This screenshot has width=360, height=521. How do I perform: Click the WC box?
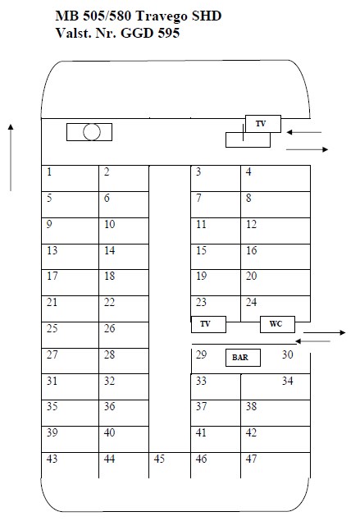tap(277, 324)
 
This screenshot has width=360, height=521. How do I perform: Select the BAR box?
tap(243, 358)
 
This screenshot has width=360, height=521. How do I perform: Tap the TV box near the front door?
tap(263, 124)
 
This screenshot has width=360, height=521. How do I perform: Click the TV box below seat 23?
tap(208, 324)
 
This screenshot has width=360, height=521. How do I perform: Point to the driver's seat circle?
tap(91, 132)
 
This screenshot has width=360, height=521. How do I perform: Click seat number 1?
tap(49, 172)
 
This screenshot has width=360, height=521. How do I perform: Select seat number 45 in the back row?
tap(159, 459)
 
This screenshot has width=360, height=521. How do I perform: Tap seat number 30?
tap(288, 354)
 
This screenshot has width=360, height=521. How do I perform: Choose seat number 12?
tap(252, 224)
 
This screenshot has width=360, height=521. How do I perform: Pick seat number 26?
tap(109, 328)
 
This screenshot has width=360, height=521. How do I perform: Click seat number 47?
tap(252, 459)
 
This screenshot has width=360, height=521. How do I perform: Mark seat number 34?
tap(288, 381)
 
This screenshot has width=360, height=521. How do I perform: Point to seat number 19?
tap(201, 276)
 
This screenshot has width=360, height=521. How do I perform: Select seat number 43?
tap(52, 459)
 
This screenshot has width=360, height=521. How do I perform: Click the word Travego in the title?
tap(162, 16)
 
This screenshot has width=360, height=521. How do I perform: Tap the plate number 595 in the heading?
tap(169, 33)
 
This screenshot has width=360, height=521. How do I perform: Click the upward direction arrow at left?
tap(11, 158)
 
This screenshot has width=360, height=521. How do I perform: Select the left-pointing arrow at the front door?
tap(304, 132)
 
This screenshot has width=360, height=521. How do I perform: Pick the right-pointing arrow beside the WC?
tap(325, 332)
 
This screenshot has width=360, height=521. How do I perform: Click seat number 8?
tap(248, 198)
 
